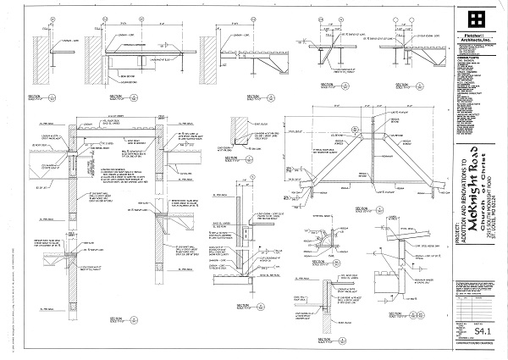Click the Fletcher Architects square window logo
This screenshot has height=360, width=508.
point(478,19)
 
